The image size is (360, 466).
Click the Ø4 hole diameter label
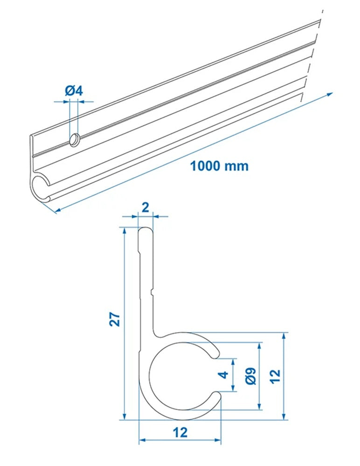(x=74, y=91)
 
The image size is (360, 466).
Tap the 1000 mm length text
(x=219, y=166)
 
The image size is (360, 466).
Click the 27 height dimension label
(x=115, y=319)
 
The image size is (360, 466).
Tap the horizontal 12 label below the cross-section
(x=180, y=432)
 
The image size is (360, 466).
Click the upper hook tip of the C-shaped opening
(x=215, y=353)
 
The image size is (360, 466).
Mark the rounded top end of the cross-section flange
(x=146, y=231)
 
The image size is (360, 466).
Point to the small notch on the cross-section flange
(x=152, y=292)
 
